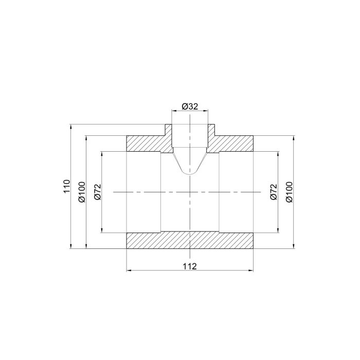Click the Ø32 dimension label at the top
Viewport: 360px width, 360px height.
(x=190, y=106)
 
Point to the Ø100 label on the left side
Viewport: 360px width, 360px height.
(x=81, y=191)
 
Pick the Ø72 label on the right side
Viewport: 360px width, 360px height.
(x=273, y=191)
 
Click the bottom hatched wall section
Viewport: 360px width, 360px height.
(x=190, y=241)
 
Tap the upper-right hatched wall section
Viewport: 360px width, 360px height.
(x=234, y=143)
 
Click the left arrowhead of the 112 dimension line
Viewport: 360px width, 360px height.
(x=129, y=271)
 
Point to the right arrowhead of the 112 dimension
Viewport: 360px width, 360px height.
(x=252, y=271)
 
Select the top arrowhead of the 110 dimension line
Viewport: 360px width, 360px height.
(x=69, y=126)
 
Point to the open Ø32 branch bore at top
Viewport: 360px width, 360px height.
(x=190, y=136)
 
